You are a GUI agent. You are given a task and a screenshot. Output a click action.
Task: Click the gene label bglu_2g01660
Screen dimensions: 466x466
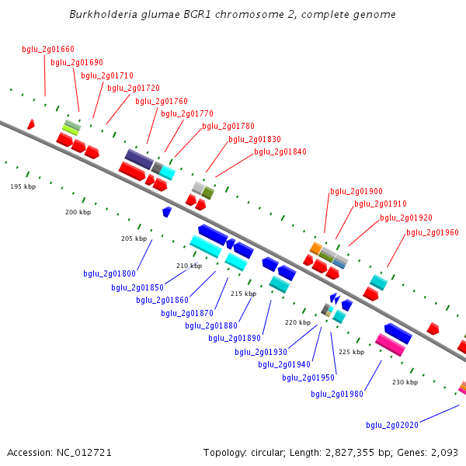click(48, 50)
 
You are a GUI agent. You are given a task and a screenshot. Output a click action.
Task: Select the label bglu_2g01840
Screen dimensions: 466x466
click(280, 152)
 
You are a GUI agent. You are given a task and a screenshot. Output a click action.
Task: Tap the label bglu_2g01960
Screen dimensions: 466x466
click(433, 232)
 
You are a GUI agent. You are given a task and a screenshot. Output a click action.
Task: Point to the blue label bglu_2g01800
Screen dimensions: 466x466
click(110, 273)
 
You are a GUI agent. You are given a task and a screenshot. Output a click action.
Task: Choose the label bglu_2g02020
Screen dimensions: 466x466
click(392, 425)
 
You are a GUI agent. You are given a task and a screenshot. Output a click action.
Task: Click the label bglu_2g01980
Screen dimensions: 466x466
click(337, 394)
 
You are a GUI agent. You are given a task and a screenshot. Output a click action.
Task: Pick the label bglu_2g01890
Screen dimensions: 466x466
click(235, 338)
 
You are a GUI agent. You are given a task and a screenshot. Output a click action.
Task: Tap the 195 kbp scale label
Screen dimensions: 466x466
click(23, 186)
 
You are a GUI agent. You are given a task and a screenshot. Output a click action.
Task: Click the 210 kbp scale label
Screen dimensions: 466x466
click(189, 266)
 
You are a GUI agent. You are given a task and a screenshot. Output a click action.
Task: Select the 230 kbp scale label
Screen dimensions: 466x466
click(405, 382)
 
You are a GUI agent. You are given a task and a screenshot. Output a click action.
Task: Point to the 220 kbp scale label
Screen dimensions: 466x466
click(297, 322)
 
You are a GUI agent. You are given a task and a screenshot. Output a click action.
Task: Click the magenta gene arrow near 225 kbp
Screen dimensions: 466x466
click(390, 344)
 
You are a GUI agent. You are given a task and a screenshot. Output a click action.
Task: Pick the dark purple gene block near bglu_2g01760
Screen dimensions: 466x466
click(138, 159)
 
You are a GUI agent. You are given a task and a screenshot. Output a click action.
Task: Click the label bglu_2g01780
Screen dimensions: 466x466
click(228, 126)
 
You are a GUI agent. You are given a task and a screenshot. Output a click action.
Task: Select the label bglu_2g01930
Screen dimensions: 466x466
click(261, 352)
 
